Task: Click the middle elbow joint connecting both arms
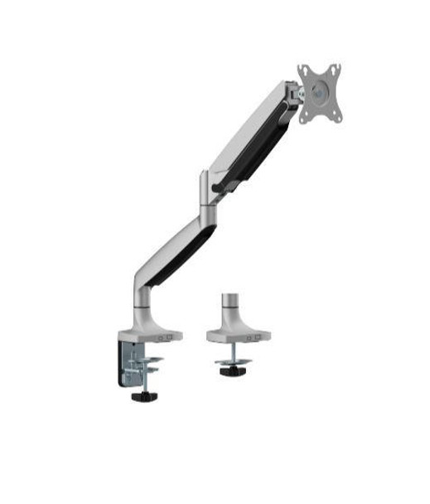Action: click(207, 195)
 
